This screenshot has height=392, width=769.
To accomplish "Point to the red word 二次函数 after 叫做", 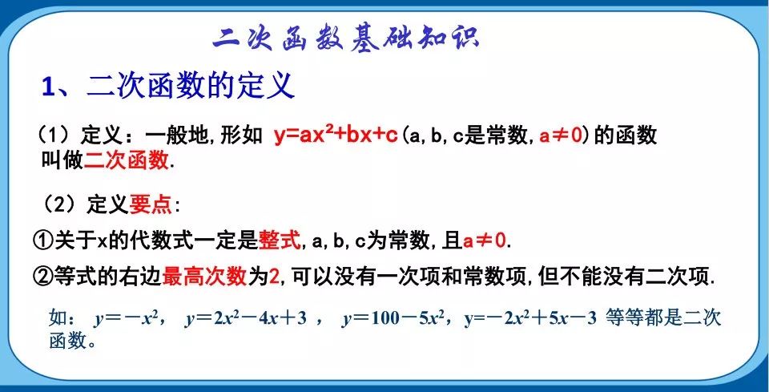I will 127,160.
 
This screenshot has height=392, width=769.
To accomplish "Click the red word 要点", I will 151,204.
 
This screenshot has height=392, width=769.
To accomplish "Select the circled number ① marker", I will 42,240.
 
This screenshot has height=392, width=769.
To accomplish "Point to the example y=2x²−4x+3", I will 245,318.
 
